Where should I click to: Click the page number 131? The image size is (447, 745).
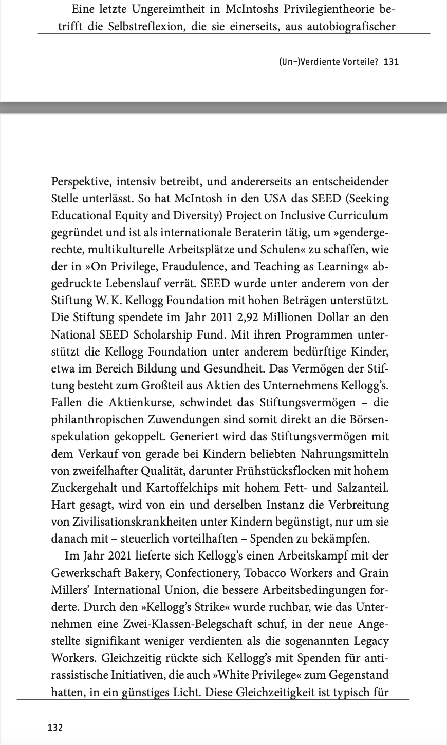391,62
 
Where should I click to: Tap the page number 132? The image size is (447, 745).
55,727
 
